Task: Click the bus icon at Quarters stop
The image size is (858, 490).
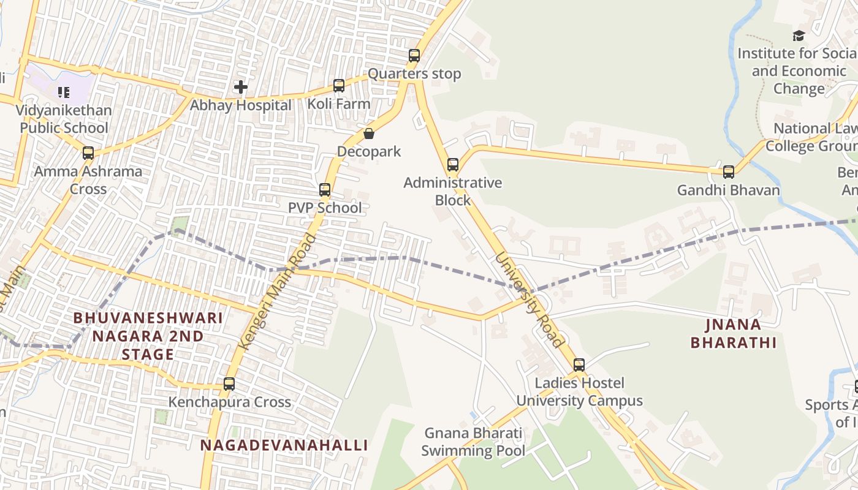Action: [414, 56]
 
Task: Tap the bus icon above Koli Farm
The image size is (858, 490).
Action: [339, 86]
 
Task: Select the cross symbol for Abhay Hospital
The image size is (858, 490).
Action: [241, 87]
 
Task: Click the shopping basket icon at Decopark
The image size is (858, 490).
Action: [369, 134]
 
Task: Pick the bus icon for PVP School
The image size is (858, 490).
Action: [325, 190]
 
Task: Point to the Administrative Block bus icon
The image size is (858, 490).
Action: [453, 165]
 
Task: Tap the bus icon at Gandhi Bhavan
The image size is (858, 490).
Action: [728, 172]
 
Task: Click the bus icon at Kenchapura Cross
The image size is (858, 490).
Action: [229, 384]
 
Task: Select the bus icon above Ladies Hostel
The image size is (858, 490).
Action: [579, 365]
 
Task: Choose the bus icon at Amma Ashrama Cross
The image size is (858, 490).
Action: [88, 153]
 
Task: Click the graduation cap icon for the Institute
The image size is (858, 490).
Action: [799, 36]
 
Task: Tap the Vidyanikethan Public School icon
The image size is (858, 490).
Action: [64, 92]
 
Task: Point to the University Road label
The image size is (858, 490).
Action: [529, 300]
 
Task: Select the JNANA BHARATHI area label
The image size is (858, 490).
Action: [734, 333]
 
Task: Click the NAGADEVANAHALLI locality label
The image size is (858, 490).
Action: [284, 445]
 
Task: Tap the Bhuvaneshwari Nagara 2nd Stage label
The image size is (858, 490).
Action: [148, 336]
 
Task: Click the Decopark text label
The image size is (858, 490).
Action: [369, 151]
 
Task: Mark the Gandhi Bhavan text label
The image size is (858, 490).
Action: [728, 190]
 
